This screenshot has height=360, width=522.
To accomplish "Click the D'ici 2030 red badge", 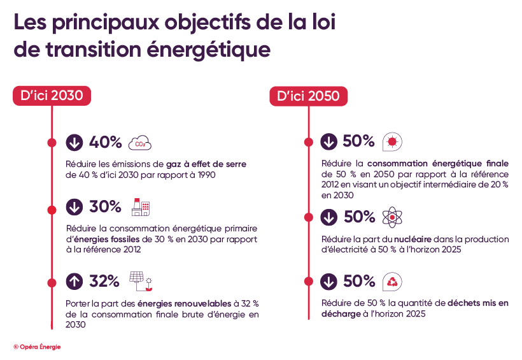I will (52, 96).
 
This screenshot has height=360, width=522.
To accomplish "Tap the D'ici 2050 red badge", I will (309, 96).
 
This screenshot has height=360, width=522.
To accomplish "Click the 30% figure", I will (105, 207).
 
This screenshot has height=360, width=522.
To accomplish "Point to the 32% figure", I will (104, 280).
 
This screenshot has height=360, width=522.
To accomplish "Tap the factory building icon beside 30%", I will (141, 207).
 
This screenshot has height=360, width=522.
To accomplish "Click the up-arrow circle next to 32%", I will (74, 280).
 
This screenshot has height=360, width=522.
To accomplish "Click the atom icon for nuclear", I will (392, 217).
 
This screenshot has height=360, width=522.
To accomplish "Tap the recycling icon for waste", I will (392, 281).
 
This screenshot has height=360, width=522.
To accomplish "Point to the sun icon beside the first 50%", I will (392, 141).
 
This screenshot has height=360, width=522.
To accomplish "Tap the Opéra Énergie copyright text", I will (37, 347).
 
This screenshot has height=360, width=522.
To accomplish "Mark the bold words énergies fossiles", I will (103, 239).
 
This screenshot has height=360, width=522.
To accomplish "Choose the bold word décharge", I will (341, 314).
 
